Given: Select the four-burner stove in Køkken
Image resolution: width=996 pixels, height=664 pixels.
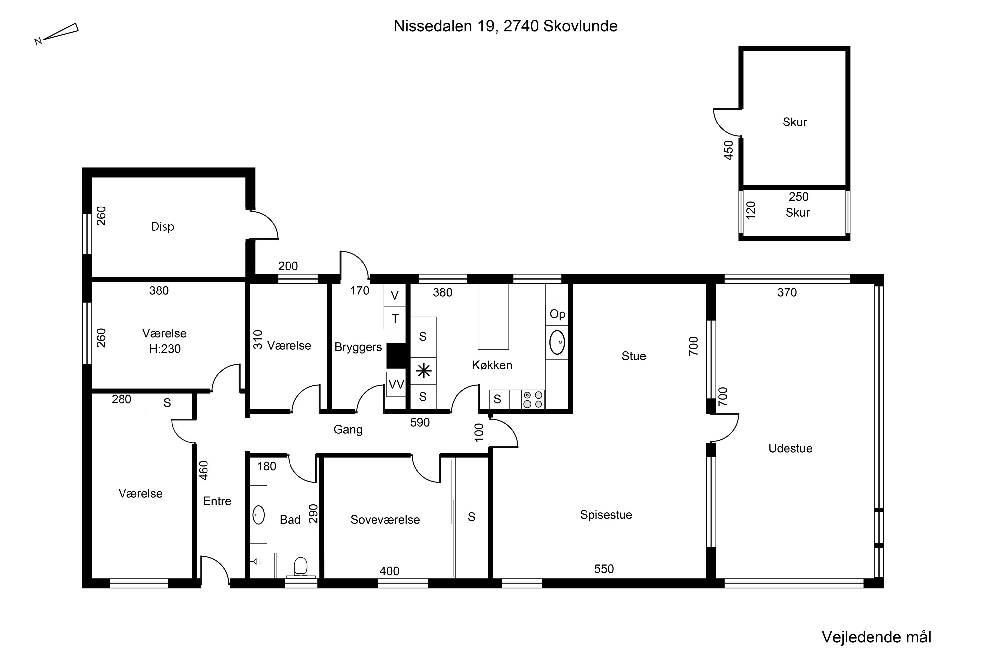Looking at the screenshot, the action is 533,399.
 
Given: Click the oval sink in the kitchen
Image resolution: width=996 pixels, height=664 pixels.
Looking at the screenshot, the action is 557,342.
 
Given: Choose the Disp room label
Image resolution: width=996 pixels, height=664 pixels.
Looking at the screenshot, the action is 163,227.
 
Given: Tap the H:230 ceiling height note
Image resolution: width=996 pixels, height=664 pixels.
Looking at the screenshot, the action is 165,349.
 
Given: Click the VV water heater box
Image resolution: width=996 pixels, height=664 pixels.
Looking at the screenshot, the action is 396,384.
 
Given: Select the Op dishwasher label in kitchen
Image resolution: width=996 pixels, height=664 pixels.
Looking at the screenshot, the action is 557,314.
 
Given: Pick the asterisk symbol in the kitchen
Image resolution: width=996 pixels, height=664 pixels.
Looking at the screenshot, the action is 424,372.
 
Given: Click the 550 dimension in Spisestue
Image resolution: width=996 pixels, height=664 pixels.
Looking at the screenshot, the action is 604,569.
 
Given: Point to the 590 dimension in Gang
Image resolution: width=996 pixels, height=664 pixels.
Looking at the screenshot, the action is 420,422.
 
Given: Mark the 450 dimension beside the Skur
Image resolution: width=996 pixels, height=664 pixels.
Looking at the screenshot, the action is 728,150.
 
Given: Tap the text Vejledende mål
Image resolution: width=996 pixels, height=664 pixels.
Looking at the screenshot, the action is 876,637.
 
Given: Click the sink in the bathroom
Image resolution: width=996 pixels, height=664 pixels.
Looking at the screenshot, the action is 258,515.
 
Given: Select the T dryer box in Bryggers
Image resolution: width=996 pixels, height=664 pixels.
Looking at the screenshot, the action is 395,318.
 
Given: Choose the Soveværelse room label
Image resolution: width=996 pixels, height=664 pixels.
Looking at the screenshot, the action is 385,520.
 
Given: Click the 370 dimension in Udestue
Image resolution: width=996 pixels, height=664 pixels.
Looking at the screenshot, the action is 787,292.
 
